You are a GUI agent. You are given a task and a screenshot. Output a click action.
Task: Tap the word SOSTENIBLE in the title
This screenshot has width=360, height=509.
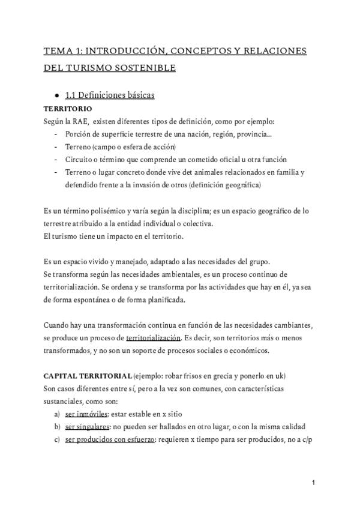click(x=146, y=68)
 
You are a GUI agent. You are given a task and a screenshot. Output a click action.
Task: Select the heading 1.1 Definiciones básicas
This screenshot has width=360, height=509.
click(x=109, y=95)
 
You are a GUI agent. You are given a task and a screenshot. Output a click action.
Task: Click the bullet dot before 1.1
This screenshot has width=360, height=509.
click(x=56, y=95)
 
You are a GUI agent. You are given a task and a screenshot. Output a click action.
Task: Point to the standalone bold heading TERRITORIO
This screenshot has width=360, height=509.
click(x=68, y=109)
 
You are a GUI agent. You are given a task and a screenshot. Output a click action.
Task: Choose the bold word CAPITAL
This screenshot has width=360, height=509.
click(x=61, y=376)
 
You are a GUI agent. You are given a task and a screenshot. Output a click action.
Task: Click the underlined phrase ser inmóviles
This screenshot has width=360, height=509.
click(x=86, y=414)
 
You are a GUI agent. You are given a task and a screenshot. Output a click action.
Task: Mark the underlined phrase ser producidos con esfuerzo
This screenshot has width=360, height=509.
click(x=110, y=439)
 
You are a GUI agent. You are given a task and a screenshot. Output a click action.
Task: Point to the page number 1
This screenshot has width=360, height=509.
click(x=313, y=483)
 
